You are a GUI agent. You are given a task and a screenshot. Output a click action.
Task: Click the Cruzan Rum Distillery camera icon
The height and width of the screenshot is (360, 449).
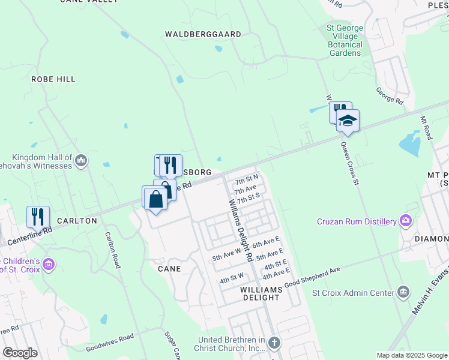point(405,221)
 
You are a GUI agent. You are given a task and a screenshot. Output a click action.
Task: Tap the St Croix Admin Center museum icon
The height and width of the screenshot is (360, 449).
point(403,293)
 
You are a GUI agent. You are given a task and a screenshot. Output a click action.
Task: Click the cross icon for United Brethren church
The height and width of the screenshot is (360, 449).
point(274,343)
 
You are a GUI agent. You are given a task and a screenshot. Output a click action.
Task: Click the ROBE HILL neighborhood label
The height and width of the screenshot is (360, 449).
point(53,79)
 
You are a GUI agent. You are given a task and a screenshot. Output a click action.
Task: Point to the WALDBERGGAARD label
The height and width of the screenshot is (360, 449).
point(203,35)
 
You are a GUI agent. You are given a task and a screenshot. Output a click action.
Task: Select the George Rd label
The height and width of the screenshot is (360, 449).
point(389,94)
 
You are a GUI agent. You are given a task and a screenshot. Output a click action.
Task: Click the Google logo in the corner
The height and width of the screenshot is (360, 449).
point(20,352)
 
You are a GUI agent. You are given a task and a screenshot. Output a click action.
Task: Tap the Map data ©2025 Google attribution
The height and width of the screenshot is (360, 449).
point(411,355)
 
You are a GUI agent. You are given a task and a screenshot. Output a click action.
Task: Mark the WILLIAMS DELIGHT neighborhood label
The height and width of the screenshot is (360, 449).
point(261,289)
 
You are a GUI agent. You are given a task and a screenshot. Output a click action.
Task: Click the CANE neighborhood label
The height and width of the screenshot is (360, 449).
point(169,269)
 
